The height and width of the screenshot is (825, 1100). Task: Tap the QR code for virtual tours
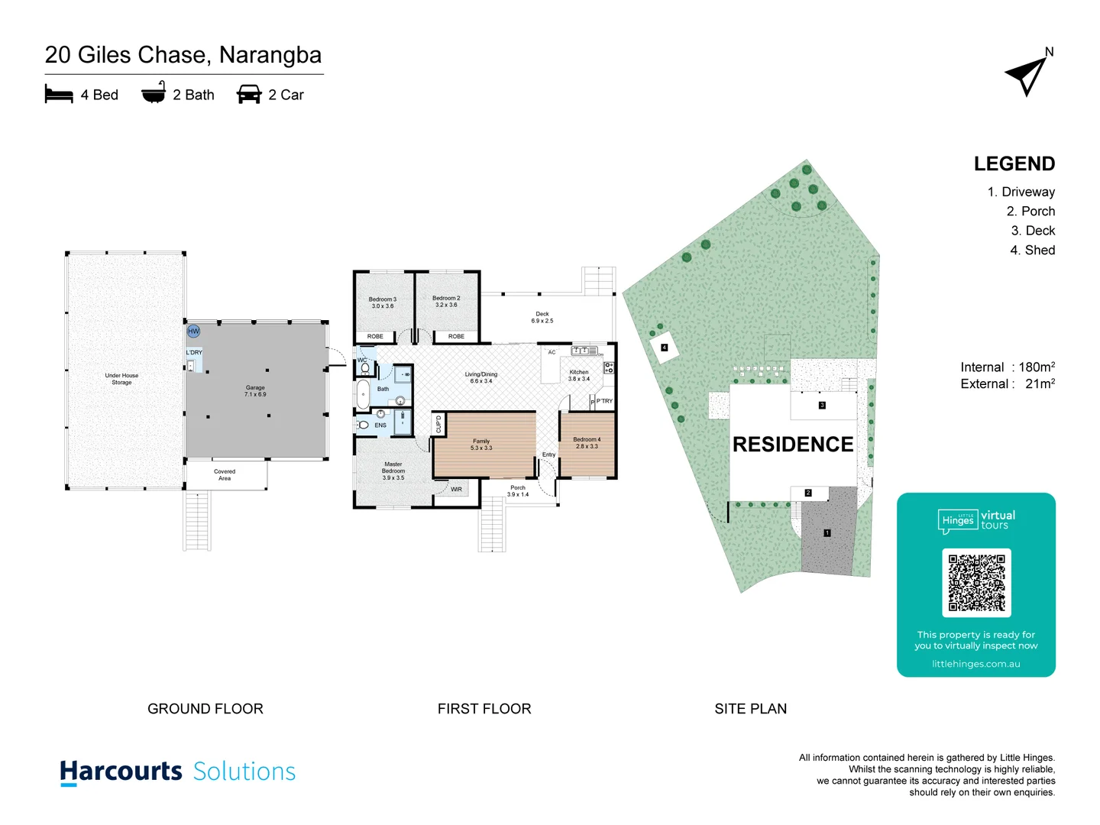pos(976,582)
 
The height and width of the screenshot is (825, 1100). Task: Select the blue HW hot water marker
pos(193,331)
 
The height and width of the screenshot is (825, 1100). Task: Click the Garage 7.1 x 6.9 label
pos(255,391)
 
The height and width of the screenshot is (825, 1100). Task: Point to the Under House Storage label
pos(121,379)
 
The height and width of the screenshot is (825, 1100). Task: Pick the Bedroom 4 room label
pos(587,443)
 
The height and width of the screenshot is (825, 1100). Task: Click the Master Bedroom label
pos(393,471)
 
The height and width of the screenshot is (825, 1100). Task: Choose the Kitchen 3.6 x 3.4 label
pos(578,375)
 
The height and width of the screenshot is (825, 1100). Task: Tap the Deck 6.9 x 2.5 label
pos(542,317)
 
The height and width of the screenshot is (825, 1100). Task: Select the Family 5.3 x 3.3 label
pos(481,445)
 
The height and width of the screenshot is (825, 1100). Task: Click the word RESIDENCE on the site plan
pos(793,445)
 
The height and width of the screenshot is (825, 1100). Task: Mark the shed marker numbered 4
pos(664,348)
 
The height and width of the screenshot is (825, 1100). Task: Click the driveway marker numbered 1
pos(827,533)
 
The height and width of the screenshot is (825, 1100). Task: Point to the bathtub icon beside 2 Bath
pos(154,93)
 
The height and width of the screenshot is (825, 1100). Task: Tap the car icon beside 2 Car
pos(249,94)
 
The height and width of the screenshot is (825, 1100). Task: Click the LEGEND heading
pos(1014,164)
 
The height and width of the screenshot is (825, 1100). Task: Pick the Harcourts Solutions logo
pos(177,772)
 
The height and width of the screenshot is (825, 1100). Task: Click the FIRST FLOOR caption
pos(484,709)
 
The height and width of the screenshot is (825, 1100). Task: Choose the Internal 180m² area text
pos(1008,367)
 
